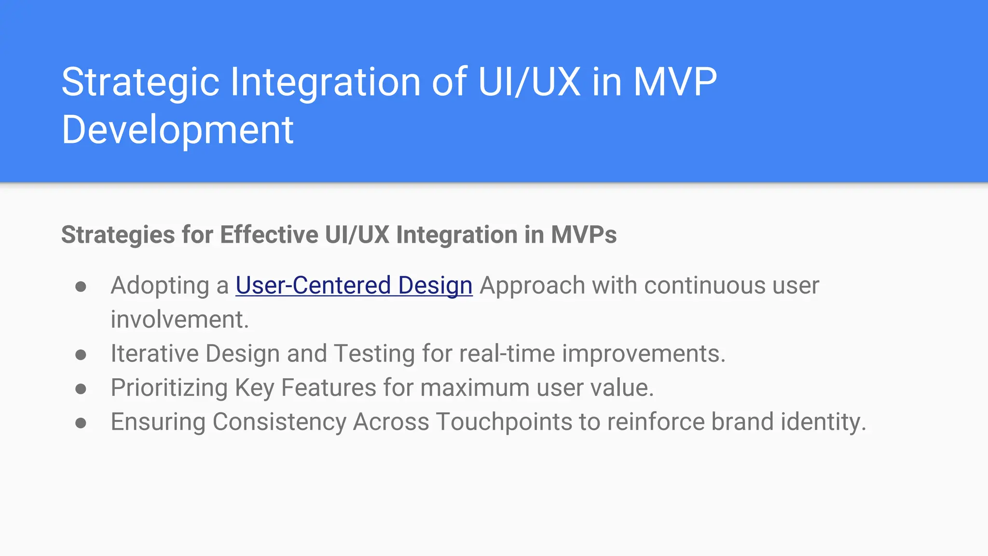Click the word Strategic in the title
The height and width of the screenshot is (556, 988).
pos(140,82)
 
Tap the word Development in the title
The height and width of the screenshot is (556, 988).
pos(178,130)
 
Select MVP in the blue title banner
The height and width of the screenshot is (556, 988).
pos(675,82)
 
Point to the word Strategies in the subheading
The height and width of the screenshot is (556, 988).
pos(118,235)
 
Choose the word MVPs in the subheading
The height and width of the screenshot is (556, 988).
pos(584,235)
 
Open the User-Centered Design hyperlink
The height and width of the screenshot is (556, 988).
pos(354,285)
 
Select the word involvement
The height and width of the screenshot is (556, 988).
pos(179,320)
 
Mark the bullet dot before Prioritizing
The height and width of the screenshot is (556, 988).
pos(81,389)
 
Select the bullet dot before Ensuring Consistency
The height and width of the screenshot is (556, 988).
pos(81,423)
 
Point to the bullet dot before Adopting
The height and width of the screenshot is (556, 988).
pos(81,287)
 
